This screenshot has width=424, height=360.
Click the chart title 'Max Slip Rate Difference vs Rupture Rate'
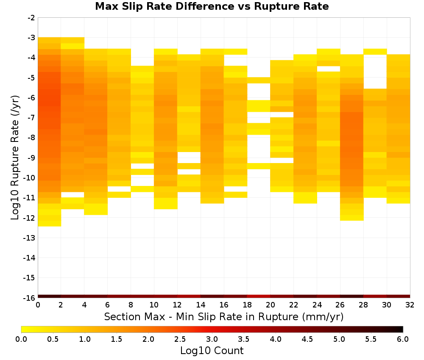click(212, 6)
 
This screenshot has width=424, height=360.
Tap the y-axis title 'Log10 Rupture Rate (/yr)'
click(15, 158)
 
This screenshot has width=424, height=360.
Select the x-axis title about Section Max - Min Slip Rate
click(223, 316)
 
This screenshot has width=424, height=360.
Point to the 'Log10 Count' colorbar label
click(212, 351)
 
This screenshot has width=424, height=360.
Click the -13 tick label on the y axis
click(29, 238)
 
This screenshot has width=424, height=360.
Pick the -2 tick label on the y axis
click(31, 18)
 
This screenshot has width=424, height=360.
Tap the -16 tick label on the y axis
click(29, 298)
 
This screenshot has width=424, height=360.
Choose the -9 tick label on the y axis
click(31, 158)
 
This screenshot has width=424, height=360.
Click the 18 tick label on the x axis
click(247, 305)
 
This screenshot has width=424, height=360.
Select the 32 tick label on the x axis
click(410, 305)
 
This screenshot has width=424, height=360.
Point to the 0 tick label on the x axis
click(38, 305)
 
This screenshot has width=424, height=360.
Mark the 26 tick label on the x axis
click(340, 305)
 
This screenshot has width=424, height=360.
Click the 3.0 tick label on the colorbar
click(212, 339)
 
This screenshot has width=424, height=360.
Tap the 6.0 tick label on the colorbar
click(403, 339)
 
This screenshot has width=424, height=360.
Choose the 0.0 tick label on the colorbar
click(21, 339)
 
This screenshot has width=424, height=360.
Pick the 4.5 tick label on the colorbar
click(307, 339)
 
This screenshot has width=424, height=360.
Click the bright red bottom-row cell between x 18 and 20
click(259, 296)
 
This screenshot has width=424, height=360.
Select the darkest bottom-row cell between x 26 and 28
click(352, 296)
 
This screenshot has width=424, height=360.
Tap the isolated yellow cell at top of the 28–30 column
click(375, 52)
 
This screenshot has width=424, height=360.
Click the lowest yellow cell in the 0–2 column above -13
click(50, 223)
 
